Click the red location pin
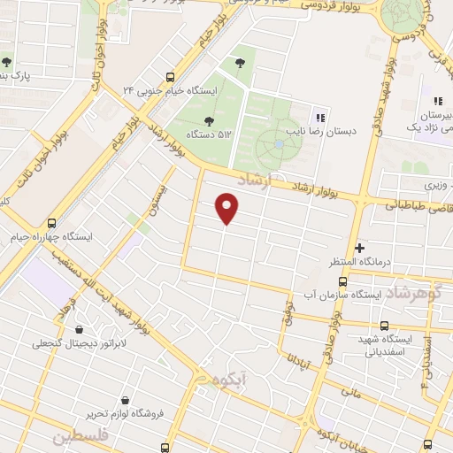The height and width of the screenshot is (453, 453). pyautogui.click(x=227, y=209)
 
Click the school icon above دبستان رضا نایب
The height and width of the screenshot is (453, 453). pyautogui.click(x=320, y=115)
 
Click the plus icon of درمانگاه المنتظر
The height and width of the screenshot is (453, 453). pyautogui.click(x=359, y=248)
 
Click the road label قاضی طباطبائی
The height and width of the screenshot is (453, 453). pyautogui.click(x=416, y=207)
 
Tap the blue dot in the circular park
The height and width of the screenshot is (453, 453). pyautogui.click(x=279, y=144)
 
